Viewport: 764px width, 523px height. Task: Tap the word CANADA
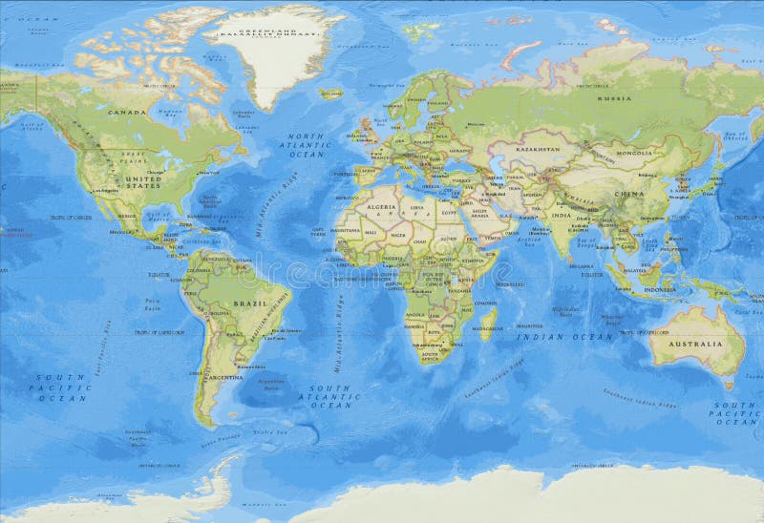pos(127,113)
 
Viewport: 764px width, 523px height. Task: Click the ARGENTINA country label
pos(225,378)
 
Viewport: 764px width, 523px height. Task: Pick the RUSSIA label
pos(614,98)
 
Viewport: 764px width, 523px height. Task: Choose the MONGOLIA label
pos(633,153)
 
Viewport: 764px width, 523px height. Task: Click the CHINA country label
pos(628,195)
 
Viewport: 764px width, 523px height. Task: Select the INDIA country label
pos(561,216)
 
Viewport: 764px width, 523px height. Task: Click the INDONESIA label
pos(659,289)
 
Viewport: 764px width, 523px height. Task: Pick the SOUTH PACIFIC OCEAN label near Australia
pos(736,413)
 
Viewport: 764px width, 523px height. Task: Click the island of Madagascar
pos(488,322)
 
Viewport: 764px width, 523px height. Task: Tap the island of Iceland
pos(331,94)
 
